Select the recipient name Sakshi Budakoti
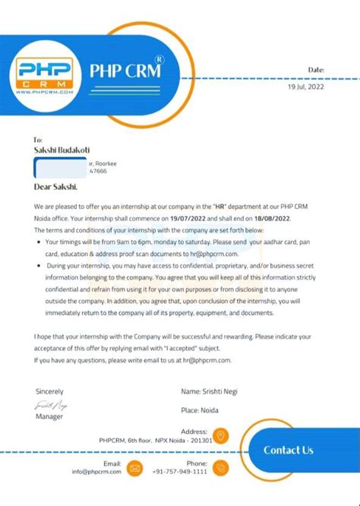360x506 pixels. (x=68, y=150)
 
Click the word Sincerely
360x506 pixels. (x=50, y=391)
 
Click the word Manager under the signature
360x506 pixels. (x=50, y=416)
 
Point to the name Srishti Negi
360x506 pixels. (x=212, y=391)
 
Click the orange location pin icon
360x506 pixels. (x=220, y=435)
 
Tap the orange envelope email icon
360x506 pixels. (x=135, y=467)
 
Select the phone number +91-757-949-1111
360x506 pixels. (x=181, y=472)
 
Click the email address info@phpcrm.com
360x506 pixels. (x=96, y=472)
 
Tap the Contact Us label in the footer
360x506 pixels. (x=289, y=450)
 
